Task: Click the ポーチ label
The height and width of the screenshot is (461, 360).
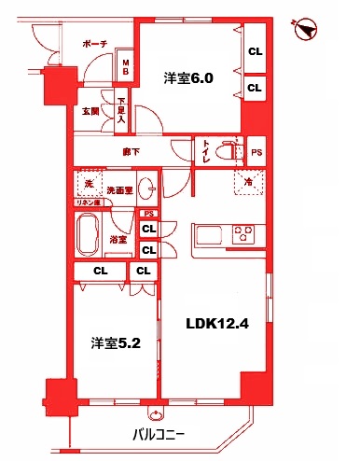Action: pyautogui.click(x=95, y=44)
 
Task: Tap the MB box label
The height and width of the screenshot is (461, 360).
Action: pyautogui.click(x=126, y=68)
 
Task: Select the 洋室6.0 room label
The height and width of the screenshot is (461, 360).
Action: pyautogui.click(x=190, y=78)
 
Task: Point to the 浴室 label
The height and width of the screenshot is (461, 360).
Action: pyautogui.click(x=118, y=240)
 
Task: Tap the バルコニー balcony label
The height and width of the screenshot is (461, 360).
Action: pyautogui.click(x=158, y=434)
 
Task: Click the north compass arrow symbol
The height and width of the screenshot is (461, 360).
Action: pyautogui.click(x=304, y=30)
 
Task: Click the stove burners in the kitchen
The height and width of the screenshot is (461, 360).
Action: pyautogui.click(x=245, y=234)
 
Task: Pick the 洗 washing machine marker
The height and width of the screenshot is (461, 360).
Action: pyautogui.click(x=90, y=183)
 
